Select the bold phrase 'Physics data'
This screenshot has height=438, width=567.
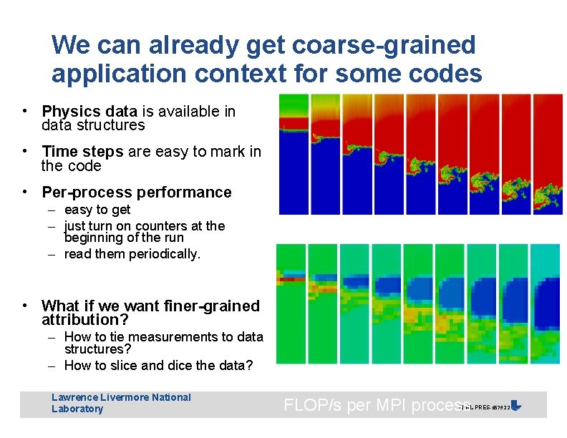[x=89, y=112]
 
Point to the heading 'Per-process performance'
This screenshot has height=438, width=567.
[x=137, y=193]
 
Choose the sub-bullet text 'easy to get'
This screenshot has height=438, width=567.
[x=97, y=210]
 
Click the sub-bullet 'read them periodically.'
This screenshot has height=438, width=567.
[x=132, y=254]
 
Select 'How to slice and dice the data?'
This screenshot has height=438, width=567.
[x=158, y=365]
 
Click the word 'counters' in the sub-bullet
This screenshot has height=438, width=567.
[x=169, y=226]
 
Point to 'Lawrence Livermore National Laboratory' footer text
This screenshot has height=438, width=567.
[x=121, y=403]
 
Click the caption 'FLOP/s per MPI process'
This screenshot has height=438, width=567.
[x=372, y=406]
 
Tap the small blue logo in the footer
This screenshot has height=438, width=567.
[x=516, y=405]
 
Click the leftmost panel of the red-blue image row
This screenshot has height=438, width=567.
[x=294, y=154]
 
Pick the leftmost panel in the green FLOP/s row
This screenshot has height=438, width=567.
[x=291, y=303]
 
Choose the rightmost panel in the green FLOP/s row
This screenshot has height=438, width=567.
[x=548, y=303]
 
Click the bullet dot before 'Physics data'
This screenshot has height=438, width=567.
[x=24, y=112]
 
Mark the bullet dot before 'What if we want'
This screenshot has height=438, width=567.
[x=24, y=306]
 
